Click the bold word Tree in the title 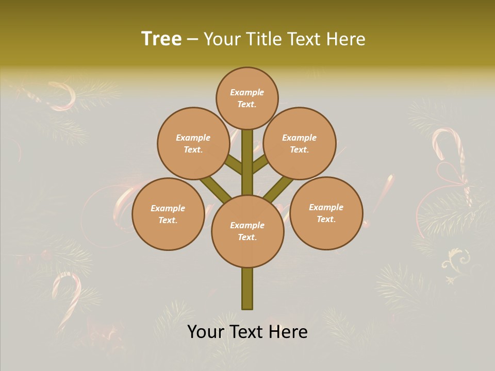pyautogui.click(x=161, y=39)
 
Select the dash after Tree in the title pyautogui.click(x=192, y=40)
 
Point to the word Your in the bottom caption pyautogui.click(x=206, y=332)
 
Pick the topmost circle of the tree pyautogui.click(x=247, y=98)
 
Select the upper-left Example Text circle pyautogui.click(x=193, y=143)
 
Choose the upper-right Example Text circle pyautogui.click(x=300, y=143)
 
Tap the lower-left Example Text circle pyautogui.click(x=168, y=214)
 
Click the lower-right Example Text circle pyautogui.click(x=326, y=213)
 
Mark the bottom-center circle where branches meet pyautogui.click(x=247, y=231)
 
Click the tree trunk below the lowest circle pyautogui.click(x=247, y=289)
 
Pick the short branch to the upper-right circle pyautogui.click(x=260, y=163)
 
